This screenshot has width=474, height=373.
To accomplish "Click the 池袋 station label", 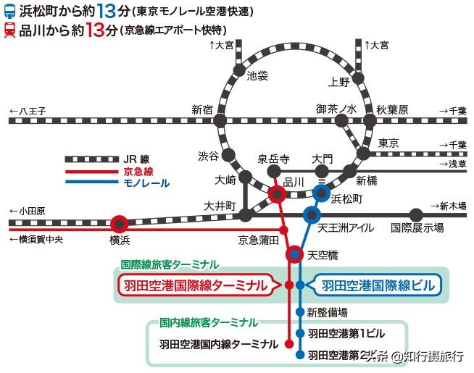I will (257, 75).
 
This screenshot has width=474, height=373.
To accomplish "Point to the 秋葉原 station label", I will (392, 110).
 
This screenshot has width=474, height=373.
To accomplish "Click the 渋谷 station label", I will (207, 156).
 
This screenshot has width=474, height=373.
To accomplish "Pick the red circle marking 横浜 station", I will (120, 223).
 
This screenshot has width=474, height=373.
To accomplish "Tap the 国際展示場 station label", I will (417, 227).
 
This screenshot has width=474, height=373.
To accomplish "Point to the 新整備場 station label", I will (327, 312).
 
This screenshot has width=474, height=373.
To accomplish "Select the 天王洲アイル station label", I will (347, 227).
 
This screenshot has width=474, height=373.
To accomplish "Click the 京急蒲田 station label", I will (259, 238).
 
